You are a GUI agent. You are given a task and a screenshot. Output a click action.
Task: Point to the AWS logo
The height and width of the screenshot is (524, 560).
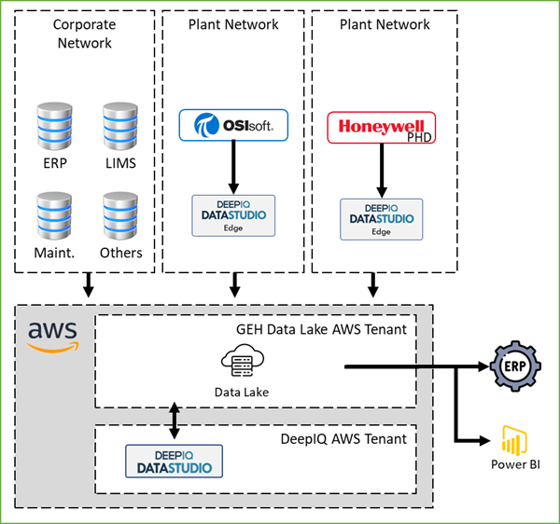pos(52,337)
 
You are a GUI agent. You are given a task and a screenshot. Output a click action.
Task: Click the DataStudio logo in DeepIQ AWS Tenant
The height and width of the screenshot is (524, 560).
pos(175,461)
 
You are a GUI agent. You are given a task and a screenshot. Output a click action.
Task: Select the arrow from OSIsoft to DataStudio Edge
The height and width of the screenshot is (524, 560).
pos(233,168)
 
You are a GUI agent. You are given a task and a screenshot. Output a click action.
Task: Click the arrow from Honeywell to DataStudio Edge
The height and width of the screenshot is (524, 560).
pos(381,171)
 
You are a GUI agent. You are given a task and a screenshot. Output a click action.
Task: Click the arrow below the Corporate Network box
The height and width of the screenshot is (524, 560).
pos(87,284)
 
